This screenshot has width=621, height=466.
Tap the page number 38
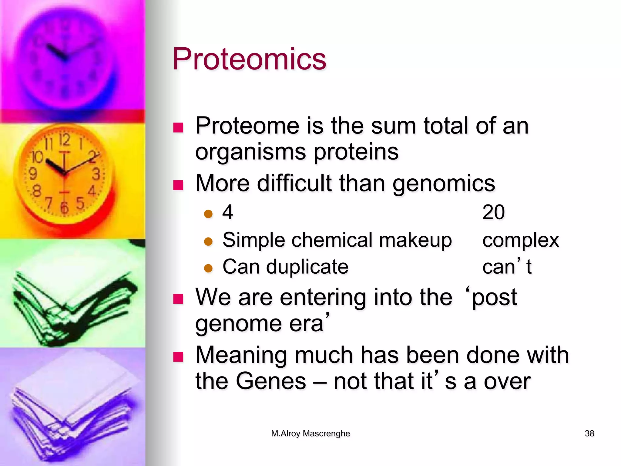click(x=589, y=433)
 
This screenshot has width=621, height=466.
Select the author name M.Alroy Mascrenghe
click(x=310, y=433)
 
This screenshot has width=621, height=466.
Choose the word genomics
click(x=444, y=184)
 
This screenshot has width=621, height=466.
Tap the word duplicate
click(x=307, y=267)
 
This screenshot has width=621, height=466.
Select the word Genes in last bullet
click(x=271, y=381)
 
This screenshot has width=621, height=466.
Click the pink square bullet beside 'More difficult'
click(x=178, y=185)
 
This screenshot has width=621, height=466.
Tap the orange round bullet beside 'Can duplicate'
click(x=208, y=268)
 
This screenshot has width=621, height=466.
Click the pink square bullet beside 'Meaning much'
click(x=178, y=357)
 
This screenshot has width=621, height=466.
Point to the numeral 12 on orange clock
click(x=64, y=140)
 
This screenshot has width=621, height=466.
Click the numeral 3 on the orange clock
click(x=96, y=174)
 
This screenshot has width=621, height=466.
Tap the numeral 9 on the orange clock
click(x=32, y=174)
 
